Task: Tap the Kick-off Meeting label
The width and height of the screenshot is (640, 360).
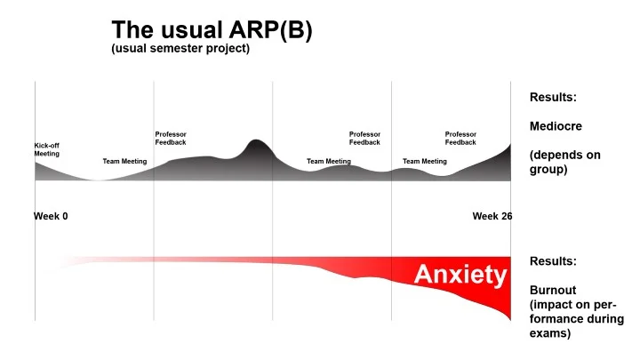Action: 47,149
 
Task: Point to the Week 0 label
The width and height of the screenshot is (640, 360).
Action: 51,216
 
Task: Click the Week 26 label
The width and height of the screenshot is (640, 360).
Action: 492,216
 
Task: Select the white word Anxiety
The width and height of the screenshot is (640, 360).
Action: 460,275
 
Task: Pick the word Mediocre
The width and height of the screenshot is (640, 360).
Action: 556,126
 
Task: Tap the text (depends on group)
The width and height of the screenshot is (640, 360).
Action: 565,162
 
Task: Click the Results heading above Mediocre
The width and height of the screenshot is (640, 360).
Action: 553,97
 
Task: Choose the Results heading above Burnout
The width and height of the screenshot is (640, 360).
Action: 553,261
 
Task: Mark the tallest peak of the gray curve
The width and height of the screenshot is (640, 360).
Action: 256,141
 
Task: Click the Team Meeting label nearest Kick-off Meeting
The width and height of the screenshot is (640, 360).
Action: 124,162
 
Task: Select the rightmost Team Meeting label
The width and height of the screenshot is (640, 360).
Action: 425,162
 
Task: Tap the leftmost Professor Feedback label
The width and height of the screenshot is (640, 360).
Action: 171,139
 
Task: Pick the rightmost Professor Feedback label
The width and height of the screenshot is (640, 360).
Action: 460,139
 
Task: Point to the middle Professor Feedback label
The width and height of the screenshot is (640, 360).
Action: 364,139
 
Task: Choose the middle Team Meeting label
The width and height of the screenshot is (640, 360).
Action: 329,162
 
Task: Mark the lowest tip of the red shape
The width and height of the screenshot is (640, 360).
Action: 510,319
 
